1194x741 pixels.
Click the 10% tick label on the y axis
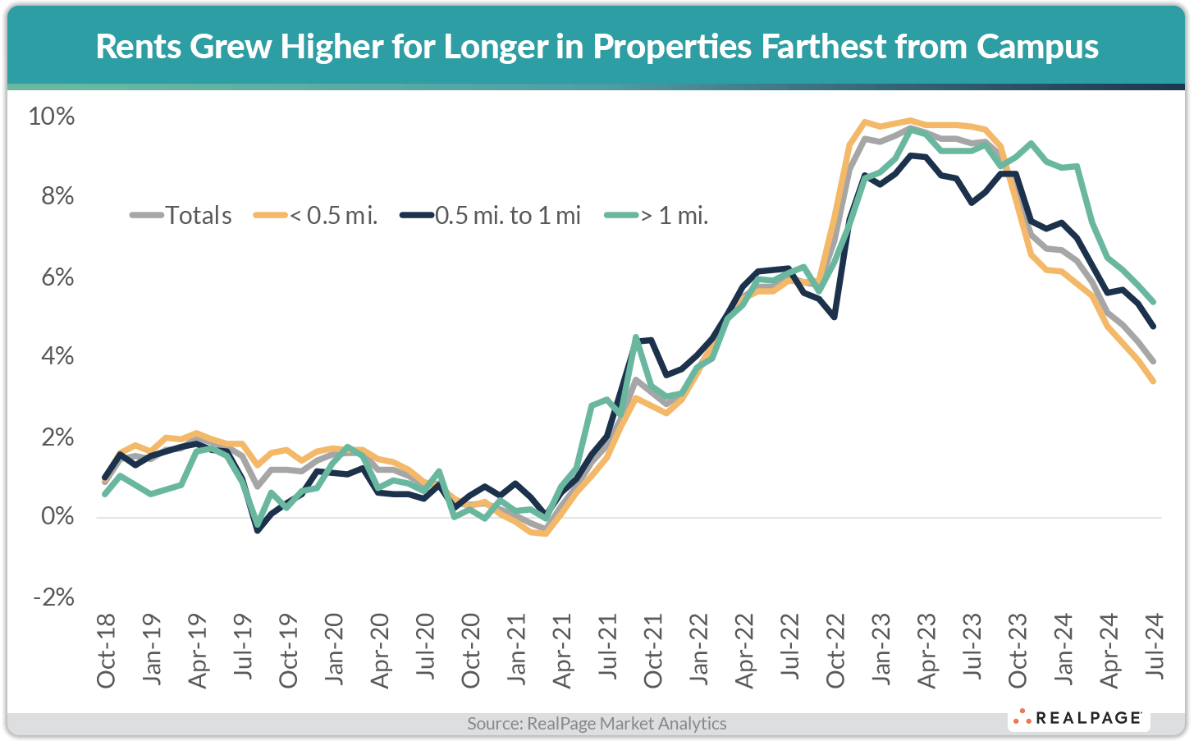[x=51, y=117]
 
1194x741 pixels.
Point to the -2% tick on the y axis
[x=53, y=597]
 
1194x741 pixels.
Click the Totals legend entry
[x=181, y=216]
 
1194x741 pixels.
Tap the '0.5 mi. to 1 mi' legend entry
[x=491, y=216]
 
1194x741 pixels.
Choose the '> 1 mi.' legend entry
[x=656, y=216]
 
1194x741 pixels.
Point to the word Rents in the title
[x=138, y=47]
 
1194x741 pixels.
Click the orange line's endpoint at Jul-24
[x=1154, y=382]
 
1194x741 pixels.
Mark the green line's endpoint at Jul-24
[x=1154, y=302]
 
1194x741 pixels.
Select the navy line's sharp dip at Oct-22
[x=835, y=317]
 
